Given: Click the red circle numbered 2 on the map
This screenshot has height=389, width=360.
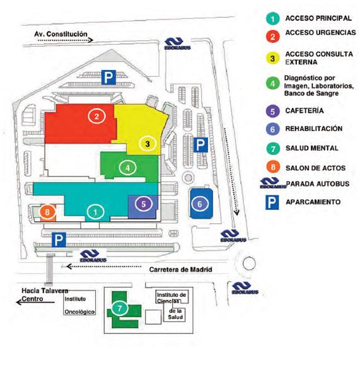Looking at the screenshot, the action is click(x=96, y=117).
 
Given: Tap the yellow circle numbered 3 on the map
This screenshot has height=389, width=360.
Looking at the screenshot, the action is click(x=148, y=144).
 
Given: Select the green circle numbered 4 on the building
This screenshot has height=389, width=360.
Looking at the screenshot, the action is click(x=127, y=168).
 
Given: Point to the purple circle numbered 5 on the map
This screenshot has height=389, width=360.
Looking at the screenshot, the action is click(x=144, y=204).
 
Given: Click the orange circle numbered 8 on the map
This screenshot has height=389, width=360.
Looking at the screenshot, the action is click(x=48, y=212).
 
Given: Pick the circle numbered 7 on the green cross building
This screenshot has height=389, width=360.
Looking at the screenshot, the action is click(x=120, y=308).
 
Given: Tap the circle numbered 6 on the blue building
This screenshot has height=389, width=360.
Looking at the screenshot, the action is click(x=200, y=204).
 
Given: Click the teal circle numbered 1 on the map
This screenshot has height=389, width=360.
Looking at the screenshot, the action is click(x=96, y=212).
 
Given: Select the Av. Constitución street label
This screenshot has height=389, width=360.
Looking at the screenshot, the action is click(x=61, y=34).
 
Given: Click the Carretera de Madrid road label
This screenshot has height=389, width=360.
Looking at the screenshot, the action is click(x=180, y=269).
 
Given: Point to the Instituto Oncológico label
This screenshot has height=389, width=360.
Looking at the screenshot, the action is click(x=79, y=305).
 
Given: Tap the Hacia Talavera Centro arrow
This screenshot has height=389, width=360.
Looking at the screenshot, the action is click(x=35, y=302).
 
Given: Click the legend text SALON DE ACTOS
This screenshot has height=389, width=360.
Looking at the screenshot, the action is click(x=316, y=168).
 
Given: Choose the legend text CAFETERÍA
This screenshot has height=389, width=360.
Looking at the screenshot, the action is click(x=305, y=110).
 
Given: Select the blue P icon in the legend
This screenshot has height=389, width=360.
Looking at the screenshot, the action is click(x=272, y=202).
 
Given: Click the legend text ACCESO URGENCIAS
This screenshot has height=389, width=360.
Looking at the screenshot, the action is click(x=320, y=33).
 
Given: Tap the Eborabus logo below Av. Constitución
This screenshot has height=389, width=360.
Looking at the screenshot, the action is click(x=177, y=44).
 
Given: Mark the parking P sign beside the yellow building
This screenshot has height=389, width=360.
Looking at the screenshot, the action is click(x=200, y=145).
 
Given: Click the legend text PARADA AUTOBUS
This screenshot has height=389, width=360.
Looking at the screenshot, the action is click(x=318, y=184).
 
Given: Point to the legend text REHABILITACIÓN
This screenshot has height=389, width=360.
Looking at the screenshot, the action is click(x=314, y=129).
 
